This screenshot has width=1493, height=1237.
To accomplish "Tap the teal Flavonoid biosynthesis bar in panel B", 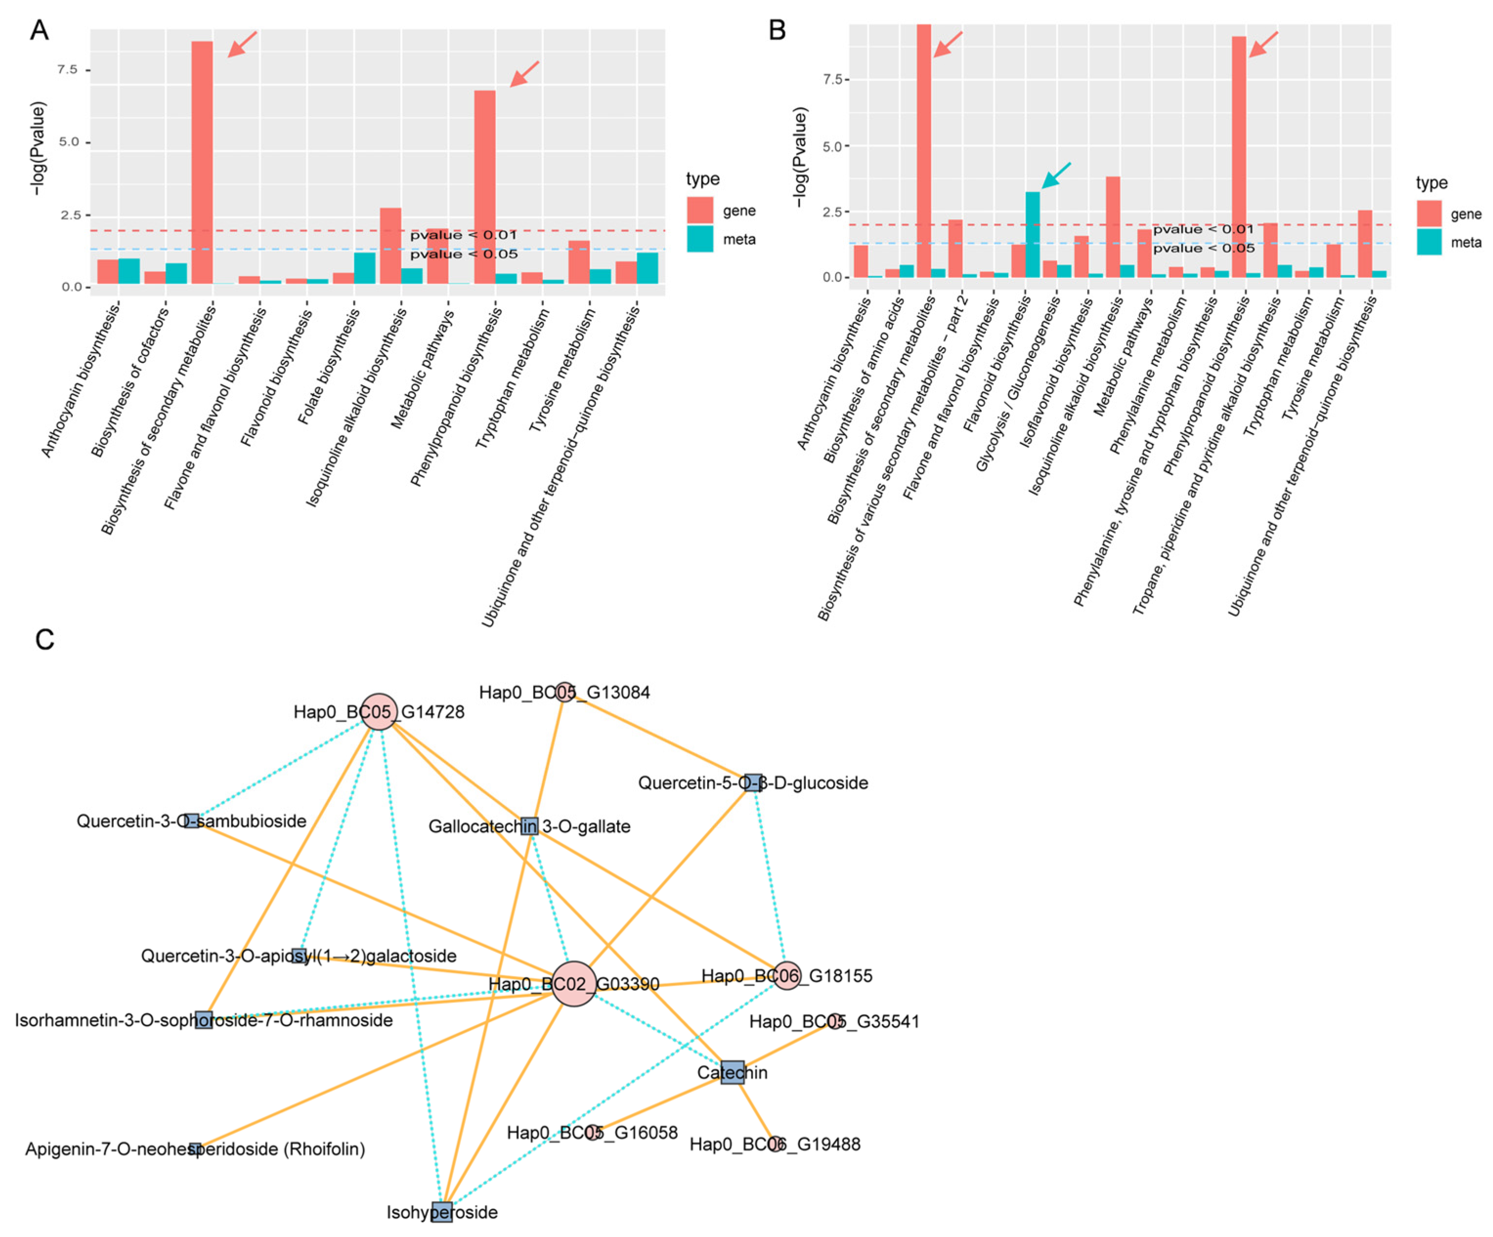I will [1032, 234].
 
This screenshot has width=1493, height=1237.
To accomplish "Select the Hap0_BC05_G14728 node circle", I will [379, 711].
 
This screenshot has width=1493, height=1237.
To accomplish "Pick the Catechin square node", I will [732, 1072].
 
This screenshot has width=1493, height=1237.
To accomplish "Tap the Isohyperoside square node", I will [441, 1212].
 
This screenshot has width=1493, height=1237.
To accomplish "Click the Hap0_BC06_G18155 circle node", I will [787, 976].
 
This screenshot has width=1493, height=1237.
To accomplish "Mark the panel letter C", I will [45, 639].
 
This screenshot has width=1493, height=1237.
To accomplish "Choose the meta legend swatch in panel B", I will [1429, 242].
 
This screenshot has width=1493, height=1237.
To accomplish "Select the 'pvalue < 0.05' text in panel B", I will [1204, 248].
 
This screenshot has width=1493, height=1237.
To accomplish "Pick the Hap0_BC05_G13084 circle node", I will [564, 692].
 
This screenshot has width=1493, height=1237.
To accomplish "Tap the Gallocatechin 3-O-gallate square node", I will [529, 826].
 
